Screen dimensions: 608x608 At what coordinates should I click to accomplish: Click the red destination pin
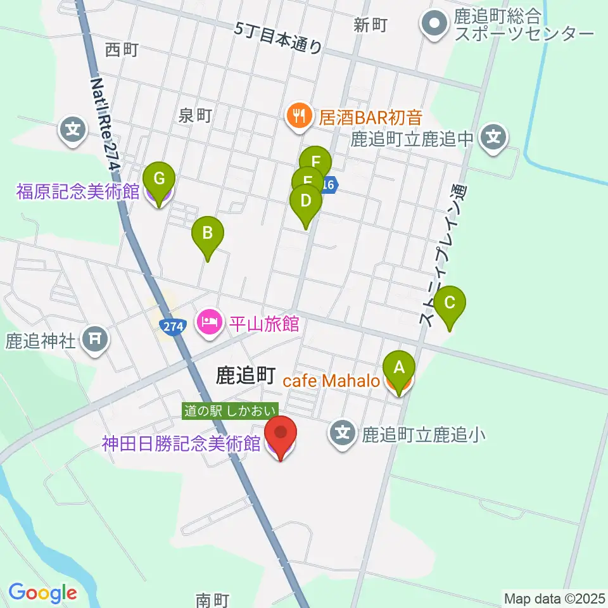pos(281,433)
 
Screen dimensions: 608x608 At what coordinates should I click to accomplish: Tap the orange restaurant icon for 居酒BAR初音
pos(297,116)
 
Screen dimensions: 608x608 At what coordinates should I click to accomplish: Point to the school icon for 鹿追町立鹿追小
pos(343,434)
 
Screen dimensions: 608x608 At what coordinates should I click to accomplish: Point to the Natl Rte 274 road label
pos(104,123)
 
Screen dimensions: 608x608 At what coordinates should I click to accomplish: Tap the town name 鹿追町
pos(245,376)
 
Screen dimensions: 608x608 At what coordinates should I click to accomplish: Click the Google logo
pos(43,593)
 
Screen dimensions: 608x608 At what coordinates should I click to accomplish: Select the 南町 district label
pos(212,598)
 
